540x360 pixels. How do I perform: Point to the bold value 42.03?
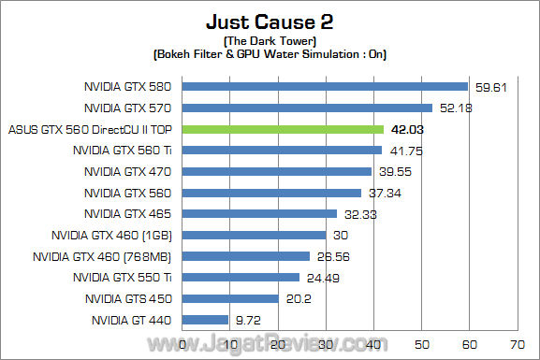(x=407, y=129)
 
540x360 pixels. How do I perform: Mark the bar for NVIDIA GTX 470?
(x=277, y=171)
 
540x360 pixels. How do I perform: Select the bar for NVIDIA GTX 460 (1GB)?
(x=254, y=235)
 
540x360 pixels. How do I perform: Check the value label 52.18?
(x=455, y=108)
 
